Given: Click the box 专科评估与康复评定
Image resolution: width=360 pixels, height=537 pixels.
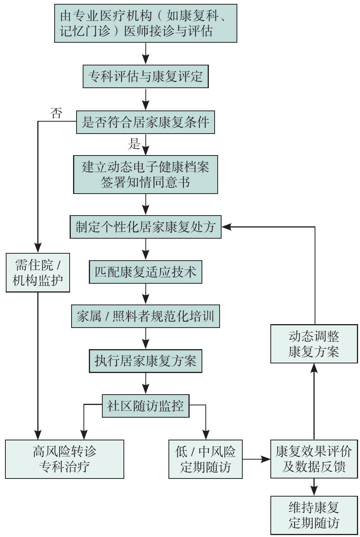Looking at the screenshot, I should [x=145, y=76].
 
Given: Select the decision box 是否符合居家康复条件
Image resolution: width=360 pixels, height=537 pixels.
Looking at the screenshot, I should [x=145, y=122].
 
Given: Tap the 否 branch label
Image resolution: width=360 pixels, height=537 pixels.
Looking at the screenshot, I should [x=56, y=113].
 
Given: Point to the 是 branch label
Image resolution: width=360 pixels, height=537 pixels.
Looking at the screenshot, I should [x=134, y=144].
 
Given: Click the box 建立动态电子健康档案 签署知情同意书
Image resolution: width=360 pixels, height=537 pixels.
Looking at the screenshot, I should [x=145, y=174].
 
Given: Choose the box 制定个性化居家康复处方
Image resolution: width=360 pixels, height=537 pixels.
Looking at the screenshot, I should [x=145, y=227].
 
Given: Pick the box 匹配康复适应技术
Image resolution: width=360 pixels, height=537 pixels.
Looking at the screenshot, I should [x=145, y=272].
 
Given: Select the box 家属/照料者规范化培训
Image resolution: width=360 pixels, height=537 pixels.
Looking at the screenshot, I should [x=145, y=317].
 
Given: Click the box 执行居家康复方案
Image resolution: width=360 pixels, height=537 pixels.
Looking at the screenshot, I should [x=145, y=361].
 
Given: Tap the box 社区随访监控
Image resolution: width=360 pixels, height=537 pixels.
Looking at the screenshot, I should [x=145, y=406].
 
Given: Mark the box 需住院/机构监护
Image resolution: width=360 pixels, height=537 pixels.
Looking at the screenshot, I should [x=38, y=273].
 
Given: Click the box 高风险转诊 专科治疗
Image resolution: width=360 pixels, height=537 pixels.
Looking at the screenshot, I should [x=65, y=459].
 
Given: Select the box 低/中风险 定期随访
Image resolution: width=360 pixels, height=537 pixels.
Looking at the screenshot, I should [x=205, y=459].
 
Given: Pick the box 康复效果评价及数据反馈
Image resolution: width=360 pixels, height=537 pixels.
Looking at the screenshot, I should [x=314, y=459].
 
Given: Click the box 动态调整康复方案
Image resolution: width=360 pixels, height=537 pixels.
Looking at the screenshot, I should [x=314, y=344].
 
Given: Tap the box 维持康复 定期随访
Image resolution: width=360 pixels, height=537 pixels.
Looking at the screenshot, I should [x=314, y=515].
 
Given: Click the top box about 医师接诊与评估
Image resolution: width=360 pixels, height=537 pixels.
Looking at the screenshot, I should [x=145, y=23].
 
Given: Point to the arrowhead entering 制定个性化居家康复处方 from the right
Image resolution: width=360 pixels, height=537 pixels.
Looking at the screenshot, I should [x=226, y=227].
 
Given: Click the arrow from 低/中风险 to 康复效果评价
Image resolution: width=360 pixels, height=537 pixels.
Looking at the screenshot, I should [x=257, y=459].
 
